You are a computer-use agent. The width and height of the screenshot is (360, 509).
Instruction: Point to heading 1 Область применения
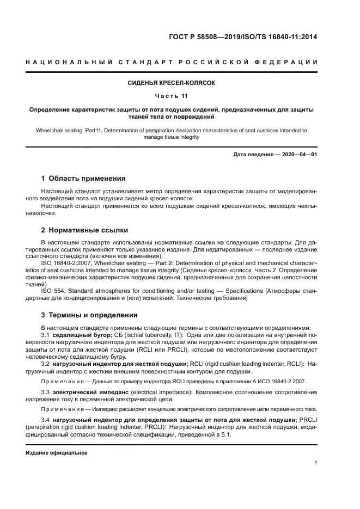coord(84,179)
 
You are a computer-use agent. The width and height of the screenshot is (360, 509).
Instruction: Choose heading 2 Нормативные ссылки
coord(85,230)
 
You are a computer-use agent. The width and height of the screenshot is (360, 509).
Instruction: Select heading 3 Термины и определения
coord(89,315)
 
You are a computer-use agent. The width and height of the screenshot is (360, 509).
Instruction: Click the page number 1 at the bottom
coord(315,463)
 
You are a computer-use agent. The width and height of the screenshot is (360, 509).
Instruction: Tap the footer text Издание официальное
coord(57,452)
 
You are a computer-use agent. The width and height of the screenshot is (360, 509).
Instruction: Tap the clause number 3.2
coord(46,363)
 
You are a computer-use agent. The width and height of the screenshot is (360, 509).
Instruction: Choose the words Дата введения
coord(253,155)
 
